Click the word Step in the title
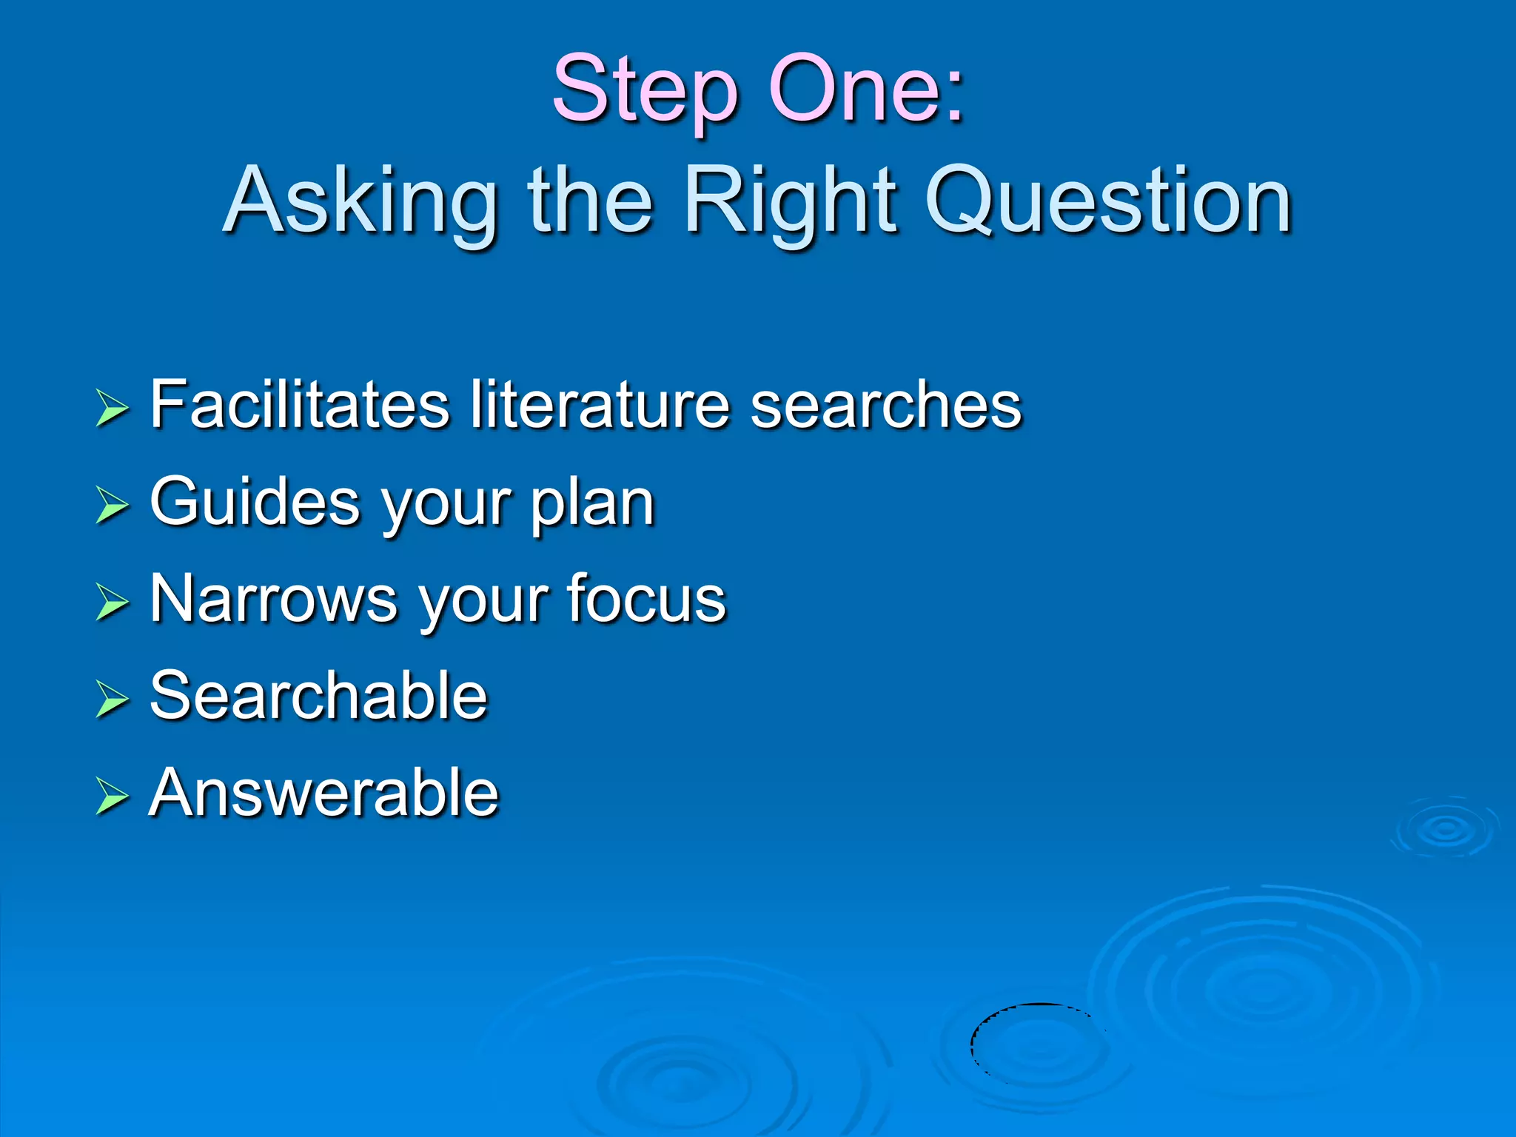(x=645, y=90)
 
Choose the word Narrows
(x=274, y=599)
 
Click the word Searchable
(x=319, y=695)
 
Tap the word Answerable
(x=324, y=793)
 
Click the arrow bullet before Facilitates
(x=113, y=409)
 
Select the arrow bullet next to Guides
(x=113, y=506)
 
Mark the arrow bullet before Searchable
(x=113, y=700)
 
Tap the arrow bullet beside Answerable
(x=113, y=797)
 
